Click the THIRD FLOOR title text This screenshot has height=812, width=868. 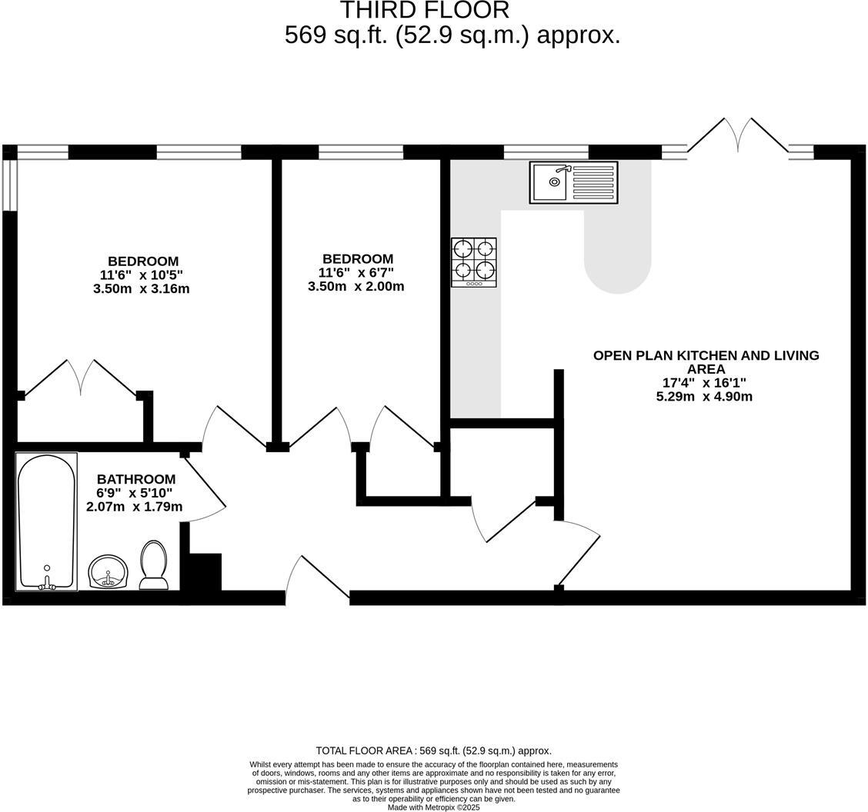point(424,11)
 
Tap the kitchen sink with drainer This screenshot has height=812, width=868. point(573,182)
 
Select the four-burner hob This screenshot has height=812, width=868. point(473,262)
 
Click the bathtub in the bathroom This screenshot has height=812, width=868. point(46,521)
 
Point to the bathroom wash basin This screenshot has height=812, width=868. point(108,571)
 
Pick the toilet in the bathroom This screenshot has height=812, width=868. point(154,565)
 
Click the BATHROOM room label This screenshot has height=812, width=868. point(135,479)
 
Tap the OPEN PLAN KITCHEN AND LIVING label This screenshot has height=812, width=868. point(706,361)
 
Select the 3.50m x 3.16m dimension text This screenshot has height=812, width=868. point(141,289)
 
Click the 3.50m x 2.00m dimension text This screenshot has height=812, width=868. point(356,287)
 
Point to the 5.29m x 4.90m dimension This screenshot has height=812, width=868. point(703,397)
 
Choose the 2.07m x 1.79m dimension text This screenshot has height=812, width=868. point(134,507)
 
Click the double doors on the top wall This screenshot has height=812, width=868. point(737,136)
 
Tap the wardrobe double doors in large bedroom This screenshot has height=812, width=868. point(81,378)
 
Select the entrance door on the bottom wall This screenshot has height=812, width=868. point(317,581)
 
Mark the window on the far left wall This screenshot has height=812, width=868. point(9,185)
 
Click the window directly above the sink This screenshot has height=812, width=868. point(546,151)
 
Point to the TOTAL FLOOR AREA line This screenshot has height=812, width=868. point(433,750)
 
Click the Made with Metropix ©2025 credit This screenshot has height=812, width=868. point(433,807)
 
